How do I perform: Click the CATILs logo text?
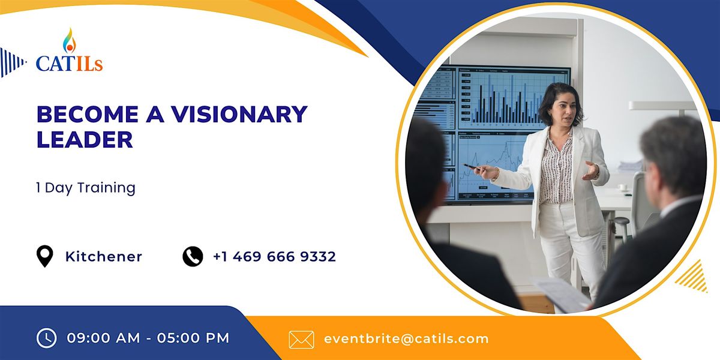[x=69, y=62]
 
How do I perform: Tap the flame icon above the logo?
[x=70, y=40]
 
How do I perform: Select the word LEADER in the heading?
[x=85, y=139]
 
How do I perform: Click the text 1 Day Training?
[x=86, y=188]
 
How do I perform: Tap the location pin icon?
[x=45, y=257]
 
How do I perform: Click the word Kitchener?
[x=104, y=257]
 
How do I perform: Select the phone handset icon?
[x=193, y=257]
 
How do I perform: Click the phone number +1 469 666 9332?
[x=274, y=257]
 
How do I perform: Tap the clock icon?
[x=46, y=338]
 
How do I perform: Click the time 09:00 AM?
[x=103, y=338]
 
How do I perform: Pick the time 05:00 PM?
[x=193, y=338]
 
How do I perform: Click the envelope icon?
[x=301, y=339]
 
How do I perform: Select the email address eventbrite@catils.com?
[x=406, y=338]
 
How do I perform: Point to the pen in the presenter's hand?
[x=472, y=167]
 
